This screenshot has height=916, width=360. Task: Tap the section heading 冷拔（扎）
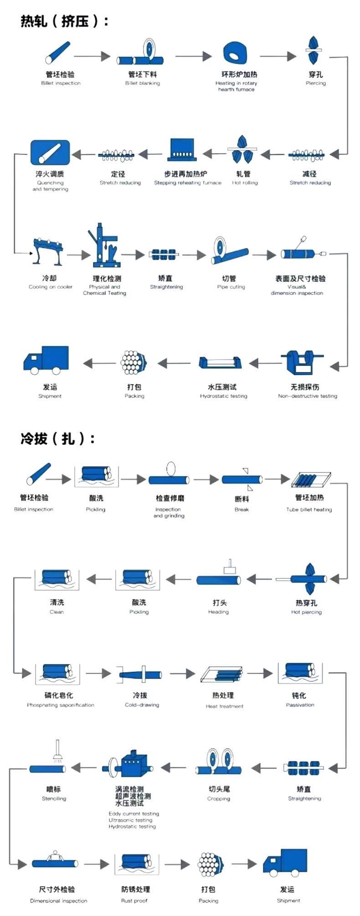[58, 438]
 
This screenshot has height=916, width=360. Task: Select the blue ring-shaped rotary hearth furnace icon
[236, 54]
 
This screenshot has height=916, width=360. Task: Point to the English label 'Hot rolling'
[245, 183]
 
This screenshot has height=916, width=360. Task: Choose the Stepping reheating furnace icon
[182, 150]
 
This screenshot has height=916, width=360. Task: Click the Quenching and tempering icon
[50, 152]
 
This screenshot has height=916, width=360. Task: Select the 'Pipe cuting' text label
[231, 287]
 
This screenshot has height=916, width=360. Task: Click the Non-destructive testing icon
[301, 363]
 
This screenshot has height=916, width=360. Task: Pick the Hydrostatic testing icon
[220, 363]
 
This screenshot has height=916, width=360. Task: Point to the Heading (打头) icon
[219, 576]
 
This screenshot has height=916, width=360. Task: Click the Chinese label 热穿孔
[306, 603]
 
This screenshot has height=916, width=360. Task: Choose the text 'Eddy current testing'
[134, 814]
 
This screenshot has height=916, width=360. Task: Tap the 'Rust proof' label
[134, 901]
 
